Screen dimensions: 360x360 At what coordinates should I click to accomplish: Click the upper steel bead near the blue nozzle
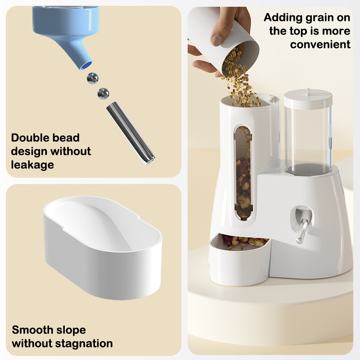93,78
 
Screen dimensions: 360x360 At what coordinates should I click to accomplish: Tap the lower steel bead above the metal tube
103,94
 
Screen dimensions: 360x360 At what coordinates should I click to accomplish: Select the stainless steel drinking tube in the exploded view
130,133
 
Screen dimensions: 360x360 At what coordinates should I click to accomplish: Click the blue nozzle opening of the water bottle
86,65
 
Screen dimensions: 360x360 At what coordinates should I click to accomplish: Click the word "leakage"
32,165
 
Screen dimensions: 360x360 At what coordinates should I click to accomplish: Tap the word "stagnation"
84,344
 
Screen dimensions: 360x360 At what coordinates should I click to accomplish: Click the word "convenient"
320,44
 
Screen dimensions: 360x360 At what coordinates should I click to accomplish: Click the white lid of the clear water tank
308,99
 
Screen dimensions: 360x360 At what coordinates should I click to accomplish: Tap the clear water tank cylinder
308,140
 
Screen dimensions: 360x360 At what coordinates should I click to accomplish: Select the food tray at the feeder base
239,260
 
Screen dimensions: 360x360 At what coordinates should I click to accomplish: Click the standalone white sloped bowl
103,247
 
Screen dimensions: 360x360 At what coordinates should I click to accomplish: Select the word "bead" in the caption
66,138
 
